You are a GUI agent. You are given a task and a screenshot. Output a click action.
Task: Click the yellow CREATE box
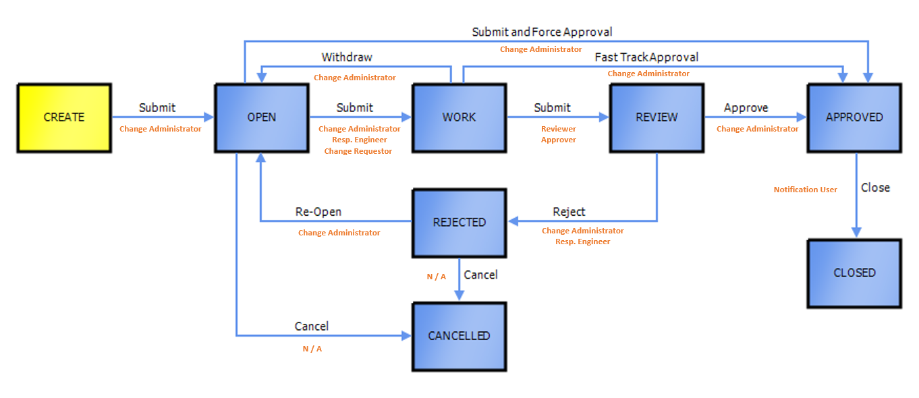tap(64, 117)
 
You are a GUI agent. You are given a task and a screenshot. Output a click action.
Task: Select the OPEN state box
tap(261, 117)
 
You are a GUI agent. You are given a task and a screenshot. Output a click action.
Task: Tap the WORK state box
tap(459, 117)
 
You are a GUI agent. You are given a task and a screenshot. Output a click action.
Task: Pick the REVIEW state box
tap(657, 117)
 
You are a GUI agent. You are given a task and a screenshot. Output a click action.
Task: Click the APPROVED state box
tap(854, 117)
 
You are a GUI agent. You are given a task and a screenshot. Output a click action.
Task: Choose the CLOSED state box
tap(854, 273)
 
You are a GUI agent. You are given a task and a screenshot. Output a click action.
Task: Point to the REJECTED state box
tap(459, 223)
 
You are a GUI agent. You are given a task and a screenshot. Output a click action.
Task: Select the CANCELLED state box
tap(459, 336)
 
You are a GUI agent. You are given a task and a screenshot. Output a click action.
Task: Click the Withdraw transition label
tap(347, 57)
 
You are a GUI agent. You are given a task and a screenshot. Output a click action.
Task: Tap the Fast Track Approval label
tap(646, 57)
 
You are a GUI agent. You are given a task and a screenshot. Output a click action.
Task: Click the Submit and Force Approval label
tap(542, 32)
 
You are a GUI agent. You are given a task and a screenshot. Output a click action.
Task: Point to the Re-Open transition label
tap(318, 212)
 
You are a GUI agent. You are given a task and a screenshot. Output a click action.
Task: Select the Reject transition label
tap(569, 212)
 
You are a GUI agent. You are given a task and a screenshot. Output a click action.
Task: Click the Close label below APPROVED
tap(875, 188)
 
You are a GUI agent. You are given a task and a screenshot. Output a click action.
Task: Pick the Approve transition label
tap(746, 108)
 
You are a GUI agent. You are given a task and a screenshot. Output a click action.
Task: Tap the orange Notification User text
tap(805, 190)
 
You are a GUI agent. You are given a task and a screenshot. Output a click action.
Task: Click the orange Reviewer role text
tap(559, 129)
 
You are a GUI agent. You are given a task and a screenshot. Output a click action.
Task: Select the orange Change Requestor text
tap(358, 151)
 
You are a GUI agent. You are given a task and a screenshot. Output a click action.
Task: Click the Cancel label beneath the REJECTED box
tap(480, 275)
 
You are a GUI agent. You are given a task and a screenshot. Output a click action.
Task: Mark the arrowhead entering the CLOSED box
tap(856, 233)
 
